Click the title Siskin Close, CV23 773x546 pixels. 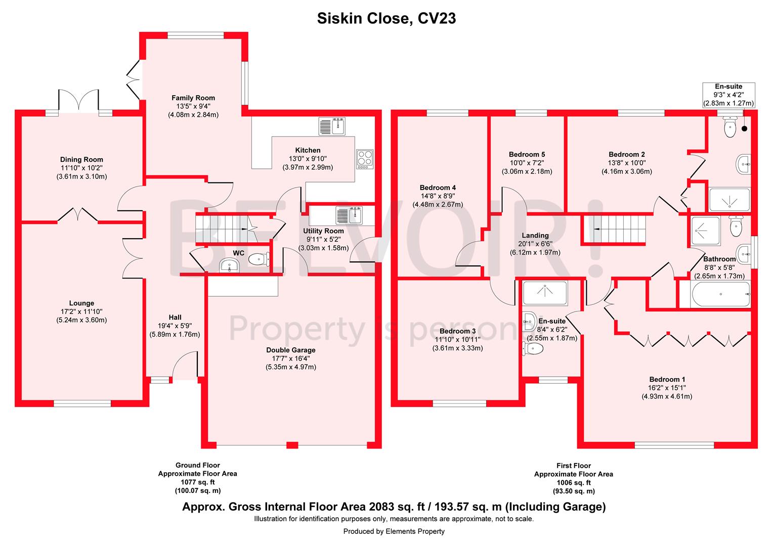386,19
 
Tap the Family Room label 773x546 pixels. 193,98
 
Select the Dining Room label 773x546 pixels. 81,160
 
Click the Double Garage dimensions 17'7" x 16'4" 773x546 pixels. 290,358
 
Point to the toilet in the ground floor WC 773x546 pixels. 259,259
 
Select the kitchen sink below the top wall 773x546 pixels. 332,126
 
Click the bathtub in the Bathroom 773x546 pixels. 714,294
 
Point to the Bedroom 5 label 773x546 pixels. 527,155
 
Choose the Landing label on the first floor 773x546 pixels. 535,236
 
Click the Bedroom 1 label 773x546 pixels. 667,380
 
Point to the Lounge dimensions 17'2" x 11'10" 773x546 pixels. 81,312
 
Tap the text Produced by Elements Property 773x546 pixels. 394,531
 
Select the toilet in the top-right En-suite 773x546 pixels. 730,127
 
